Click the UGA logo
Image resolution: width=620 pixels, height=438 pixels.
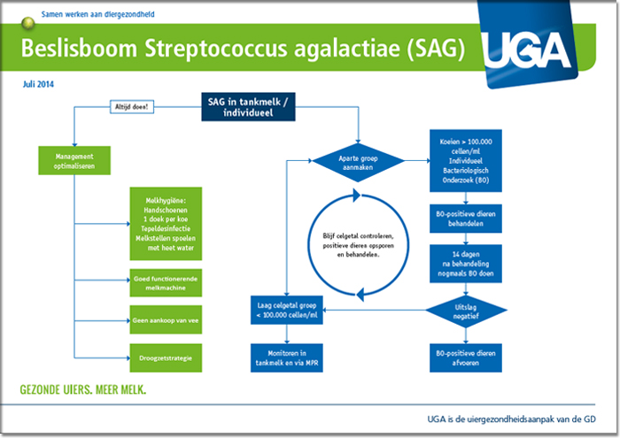pyautogui.click(x=528, y=43)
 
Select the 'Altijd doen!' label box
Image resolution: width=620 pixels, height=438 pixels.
pyautogui.click(x=132, y=107)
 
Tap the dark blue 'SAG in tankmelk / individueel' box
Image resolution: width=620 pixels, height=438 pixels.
pyautogui.click(x=248, y=107)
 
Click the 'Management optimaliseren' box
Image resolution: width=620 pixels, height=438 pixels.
pyautogui.click(x=74, y=161)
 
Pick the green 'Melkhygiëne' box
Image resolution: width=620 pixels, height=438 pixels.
pyautogui.click(x=166, y=224)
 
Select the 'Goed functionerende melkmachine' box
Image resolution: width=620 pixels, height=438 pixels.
pyautogui.click(x=166, y=283)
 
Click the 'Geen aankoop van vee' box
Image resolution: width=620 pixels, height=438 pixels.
pyautogui.click(x=166, y=320)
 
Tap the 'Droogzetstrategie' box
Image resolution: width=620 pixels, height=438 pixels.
pyautogui.click(x=166, y=357)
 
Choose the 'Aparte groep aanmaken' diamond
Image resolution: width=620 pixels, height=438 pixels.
pyautogui.click(x=358, y=163)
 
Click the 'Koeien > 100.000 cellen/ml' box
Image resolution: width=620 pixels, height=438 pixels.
pyautogui.click(x=466, y=161)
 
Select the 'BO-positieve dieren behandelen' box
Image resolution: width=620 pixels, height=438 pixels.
pyautogui.click(x=466, y=219)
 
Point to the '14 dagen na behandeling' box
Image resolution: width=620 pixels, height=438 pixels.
pyautogui.click(x=466, y=264)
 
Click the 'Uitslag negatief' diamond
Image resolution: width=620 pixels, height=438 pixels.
pyautogui.click(x=466, y=311)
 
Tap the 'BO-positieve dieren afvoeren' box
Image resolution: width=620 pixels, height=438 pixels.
pyautogui.click(x=466, y=357)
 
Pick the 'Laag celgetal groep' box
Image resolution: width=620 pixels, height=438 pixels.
pyautogui.click(x=287, y=310)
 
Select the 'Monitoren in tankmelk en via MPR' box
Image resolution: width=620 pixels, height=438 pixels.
pyautogui.click(x=287, y=357)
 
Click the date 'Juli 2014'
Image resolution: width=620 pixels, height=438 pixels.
pyautogui.click(x=38, y=84)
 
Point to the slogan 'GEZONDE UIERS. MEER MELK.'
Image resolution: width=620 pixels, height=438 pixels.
pyautogui.click(x=83, y=390)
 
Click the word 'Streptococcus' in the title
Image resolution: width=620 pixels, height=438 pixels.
pyautogui.click(x=216, y=49)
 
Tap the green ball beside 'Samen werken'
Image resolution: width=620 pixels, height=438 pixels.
pyautogui.click(x=28, y=24)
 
